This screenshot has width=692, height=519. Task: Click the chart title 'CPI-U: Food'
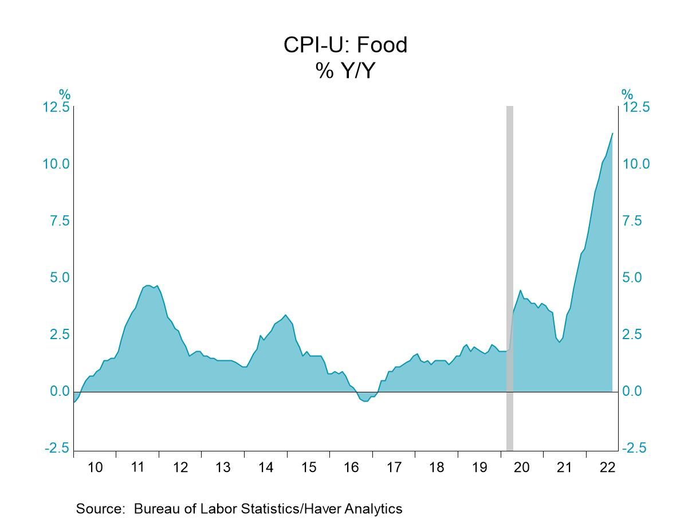(345, 45)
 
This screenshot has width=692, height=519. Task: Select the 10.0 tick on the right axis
(636, 164)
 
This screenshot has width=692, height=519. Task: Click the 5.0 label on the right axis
(636, 278)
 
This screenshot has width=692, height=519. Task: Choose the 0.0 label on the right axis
(636, 391)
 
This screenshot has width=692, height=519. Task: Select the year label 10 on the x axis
(95, 467)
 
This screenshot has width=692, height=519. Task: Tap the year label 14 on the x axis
(266, 467)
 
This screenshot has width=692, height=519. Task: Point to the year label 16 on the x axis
(351, 467)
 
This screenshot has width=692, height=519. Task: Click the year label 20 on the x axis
(522, 467)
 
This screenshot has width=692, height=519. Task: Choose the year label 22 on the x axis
(607, 467)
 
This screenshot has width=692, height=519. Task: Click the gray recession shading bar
(509, 275)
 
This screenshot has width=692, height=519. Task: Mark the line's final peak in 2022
(612, 133)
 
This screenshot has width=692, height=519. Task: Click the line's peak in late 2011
(147, 285)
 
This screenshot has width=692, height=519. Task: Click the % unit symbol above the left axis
(65, 95)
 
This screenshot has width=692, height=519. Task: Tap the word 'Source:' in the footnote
(100, 509)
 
